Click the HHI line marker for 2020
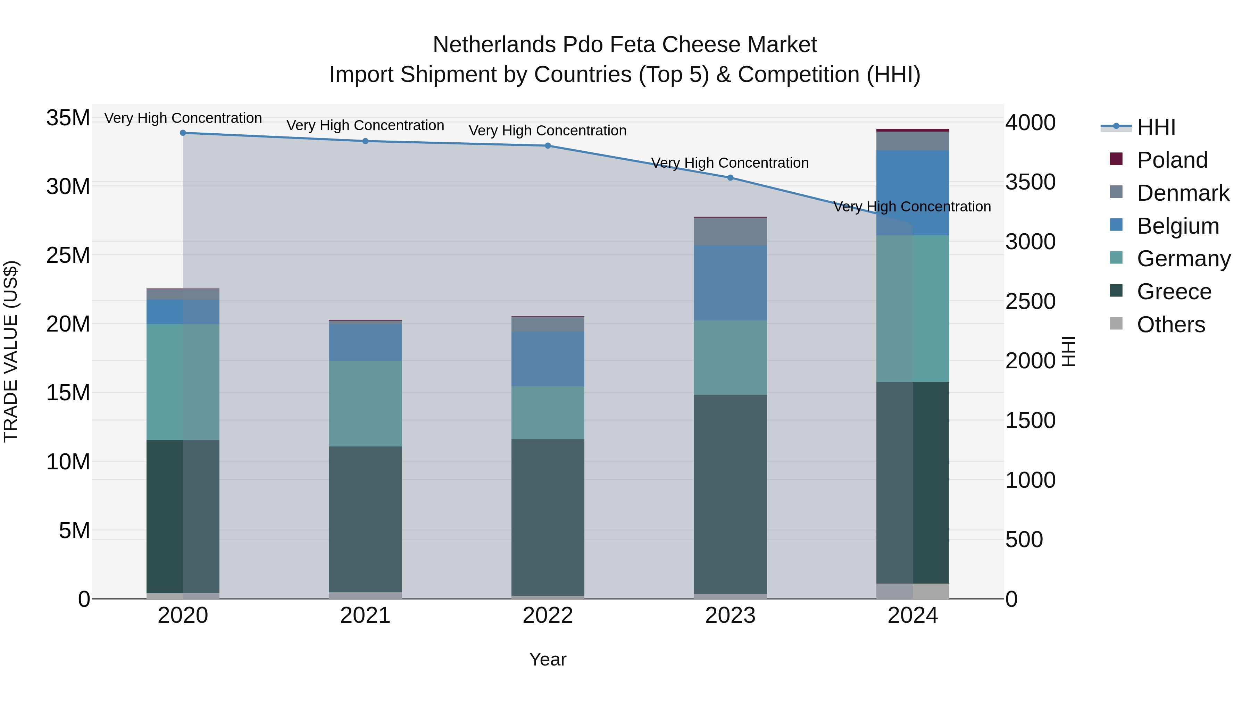coord(183,133)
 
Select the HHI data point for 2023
coord(730,177)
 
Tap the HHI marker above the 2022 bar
coord(548,145)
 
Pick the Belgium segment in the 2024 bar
coord(913,193)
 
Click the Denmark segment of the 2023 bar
coord(730,232)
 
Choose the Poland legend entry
coord(1172,160)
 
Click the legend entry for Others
coord(1170,325)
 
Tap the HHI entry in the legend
coord(1156,127)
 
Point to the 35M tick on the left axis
coord(68,118)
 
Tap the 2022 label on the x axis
coord(548,616)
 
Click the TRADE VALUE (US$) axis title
coord(11,351)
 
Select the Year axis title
coord(548,659)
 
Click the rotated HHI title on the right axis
coord(1068,351)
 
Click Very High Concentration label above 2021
coord(365,125)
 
